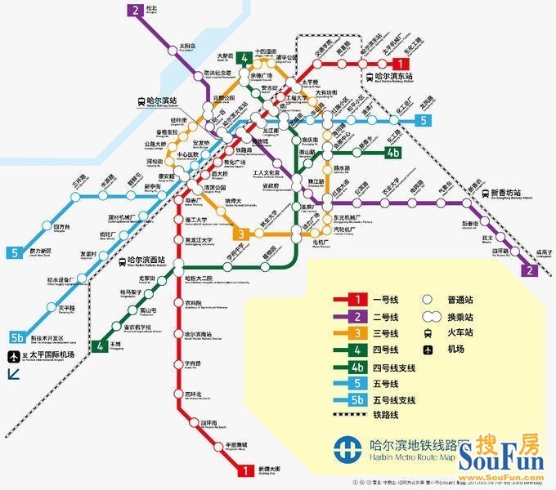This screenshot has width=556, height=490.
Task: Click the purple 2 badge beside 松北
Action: [134, 11]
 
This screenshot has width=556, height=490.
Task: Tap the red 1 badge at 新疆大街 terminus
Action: [244, 470]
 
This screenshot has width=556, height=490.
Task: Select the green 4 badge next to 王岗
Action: [100, 345]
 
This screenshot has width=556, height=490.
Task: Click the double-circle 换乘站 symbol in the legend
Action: [428, 317]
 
